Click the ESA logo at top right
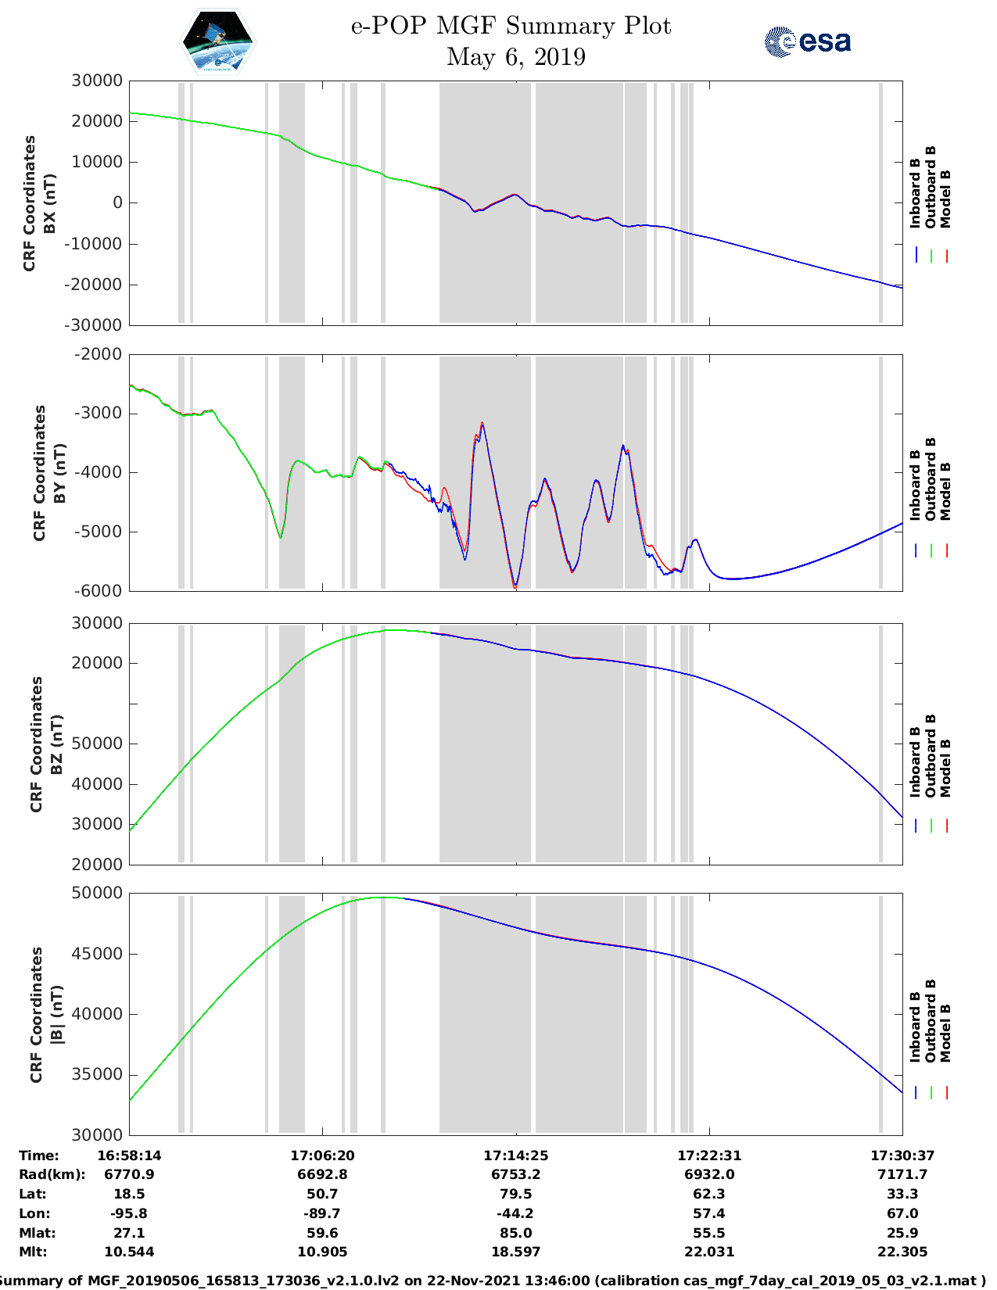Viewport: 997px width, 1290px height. (x=807, y=41)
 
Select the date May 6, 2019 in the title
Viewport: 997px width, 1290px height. (x=515, y=57)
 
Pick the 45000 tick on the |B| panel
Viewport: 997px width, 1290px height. (x=97, y=954)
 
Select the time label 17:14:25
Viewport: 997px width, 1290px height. (x=515, y=1156)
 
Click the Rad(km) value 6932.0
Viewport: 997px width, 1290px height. (x=709, y=1174)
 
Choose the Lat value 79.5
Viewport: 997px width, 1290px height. (x=515, y=1194)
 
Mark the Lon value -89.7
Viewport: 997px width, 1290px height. (x=322, y=1213)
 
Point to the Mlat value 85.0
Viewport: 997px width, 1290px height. (x=515, y=1233)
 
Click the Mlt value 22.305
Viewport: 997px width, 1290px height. (x=902, y=1252)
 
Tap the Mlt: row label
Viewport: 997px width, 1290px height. (x=33, y=1252)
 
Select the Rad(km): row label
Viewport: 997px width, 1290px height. (x=52, y=1174)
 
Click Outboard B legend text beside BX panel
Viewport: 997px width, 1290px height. (x=931, y=188)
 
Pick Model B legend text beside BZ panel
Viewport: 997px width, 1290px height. (x=946, y=768)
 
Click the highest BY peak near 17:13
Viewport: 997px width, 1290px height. (x=482, y=423)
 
